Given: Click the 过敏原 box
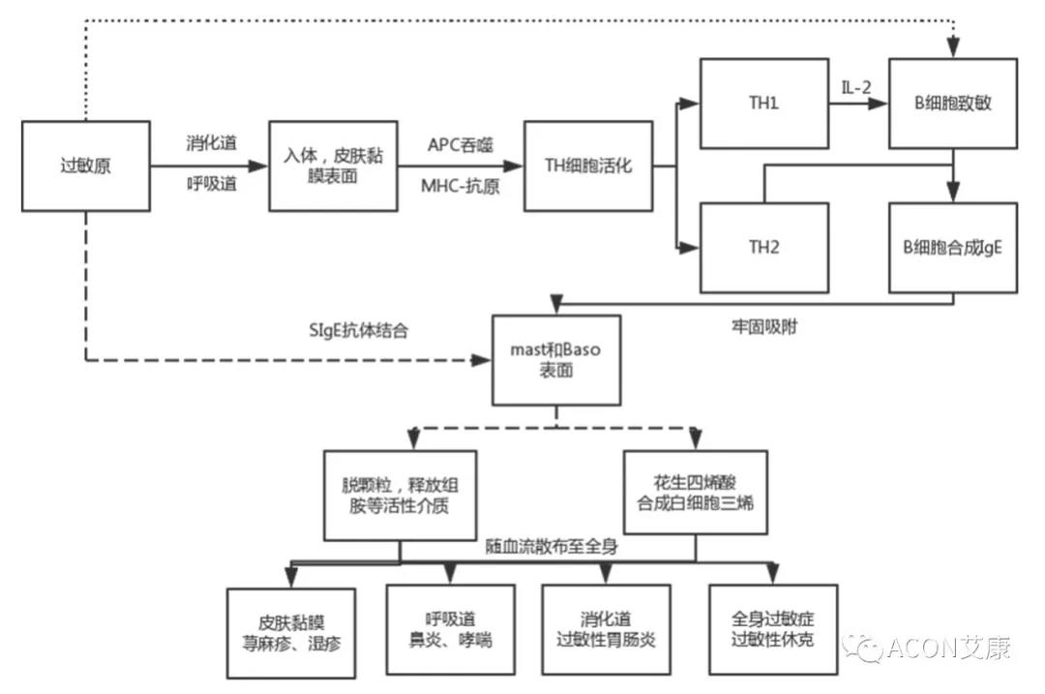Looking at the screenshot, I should pyautogui.click(x=84, y=166).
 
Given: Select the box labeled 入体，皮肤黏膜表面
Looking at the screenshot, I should pyautogui.click(x=333, y=166).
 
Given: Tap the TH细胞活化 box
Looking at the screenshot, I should pyautogui.click(x=587, y=166).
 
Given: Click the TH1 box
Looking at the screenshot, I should pyautogui.click(x=763, y=103).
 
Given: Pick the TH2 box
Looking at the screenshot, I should pyautogui.click(x=763, y=247).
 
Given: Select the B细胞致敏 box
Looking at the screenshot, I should pyautogui.click(x=953, y=103).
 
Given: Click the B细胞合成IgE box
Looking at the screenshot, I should pyautogui.click(x=953, y=247).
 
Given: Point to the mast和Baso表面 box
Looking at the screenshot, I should pyautogui.click(x=555, y=359).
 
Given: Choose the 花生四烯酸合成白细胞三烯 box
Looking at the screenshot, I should pyautogui.click(x=695, y=492).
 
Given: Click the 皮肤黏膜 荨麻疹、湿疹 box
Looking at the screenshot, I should pyautogui.click(x=291, y=629).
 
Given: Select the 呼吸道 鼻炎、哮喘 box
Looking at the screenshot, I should pyautogui.click(x=448, y=629).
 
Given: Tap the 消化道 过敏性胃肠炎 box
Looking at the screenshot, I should pyautogui.click(x=606, y=629).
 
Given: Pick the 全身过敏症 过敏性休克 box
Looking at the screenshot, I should pyautogui.click(x=772, y=629).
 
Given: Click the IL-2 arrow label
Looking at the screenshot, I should pyautogui.click(x=855, y=87).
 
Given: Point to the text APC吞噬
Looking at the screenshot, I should pyautogui.click(x=461, y=144).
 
